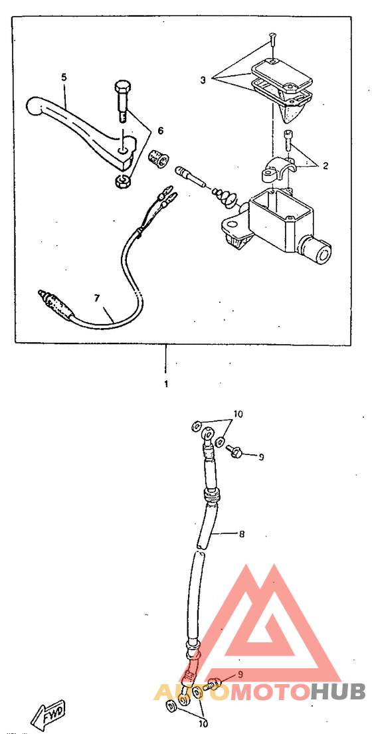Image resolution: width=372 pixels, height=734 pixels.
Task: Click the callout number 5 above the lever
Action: tap(64, 77)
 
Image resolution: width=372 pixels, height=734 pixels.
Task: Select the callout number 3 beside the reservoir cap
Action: tap(203, 80)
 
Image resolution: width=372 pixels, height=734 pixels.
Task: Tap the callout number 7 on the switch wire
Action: tap(97, 298)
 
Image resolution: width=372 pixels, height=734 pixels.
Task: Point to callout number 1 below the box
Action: tap(165, 385)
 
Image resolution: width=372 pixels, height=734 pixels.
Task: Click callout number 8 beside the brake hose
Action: tap(241, 533)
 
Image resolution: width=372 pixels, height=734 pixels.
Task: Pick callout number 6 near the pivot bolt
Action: tap(161, 131)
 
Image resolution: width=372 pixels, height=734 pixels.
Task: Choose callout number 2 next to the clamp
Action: tap(325, 165)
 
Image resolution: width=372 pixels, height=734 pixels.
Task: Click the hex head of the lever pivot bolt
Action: tap(122, 88)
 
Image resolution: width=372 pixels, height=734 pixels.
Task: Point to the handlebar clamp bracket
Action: tap(278, 170)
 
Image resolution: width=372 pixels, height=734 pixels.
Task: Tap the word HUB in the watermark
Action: tap(338, 691)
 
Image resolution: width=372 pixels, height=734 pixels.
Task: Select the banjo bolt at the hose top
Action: tap(233, 450)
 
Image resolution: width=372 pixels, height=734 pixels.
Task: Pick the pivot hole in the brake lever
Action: tap(122, 151)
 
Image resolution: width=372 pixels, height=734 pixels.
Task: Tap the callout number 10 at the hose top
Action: tap(238, 414)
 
